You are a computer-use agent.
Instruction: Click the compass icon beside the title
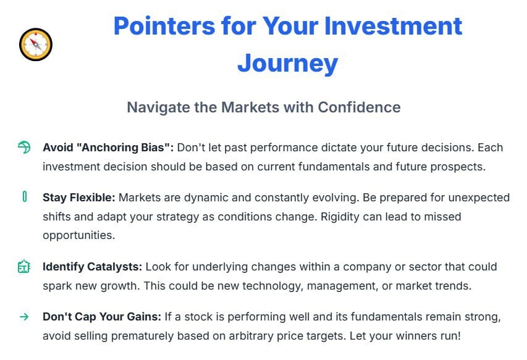36,44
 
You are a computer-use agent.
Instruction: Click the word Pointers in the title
164,26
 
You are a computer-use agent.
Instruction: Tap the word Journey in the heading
288,63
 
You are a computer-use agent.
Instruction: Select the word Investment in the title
393,26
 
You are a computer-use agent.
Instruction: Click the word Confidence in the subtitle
360,107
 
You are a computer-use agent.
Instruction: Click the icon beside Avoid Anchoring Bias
24,147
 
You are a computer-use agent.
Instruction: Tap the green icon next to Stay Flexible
25,196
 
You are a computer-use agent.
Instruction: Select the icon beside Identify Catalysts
24,267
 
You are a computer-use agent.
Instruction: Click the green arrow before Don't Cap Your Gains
24,317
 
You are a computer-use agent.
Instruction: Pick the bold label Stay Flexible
79,198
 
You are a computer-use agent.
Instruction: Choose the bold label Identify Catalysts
93,267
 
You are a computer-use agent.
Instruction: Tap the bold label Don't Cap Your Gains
102,317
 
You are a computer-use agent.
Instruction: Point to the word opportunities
79,236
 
